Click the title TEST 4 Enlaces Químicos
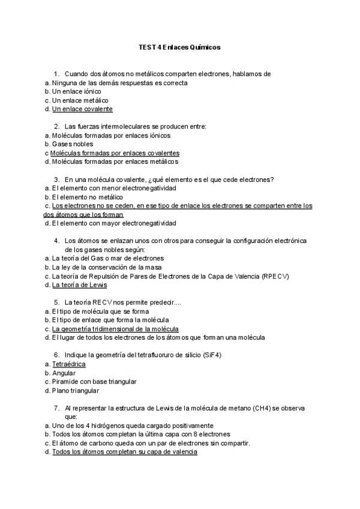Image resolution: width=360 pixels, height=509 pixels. (179, 46)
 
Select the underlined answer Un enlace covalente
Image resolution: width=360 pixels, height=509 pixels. (82, 109)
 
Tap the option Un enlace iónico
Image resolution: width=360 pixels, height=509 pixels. (76, 91)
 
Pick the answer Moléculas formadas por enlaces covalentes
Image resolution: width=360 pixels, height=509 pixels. (115, 153)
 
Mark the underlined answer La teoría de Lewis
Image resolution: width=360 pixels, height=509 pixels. (79, 285)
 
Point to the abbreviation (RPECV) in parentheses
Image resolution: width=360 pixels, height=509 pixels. (275, 276)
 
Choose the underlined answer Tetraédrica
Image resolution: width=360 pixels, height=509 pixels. (68, 364)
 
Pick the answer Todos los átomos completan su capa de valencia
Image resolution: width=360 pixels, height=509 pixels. (124, 452)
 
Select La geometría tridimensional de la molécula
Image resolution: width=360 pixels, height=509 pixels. (115, 329)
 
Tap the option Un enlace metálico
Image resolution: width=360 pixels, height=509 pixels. (80, 100)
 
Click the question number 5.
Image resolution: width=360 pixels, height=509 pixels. (56, 302)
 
